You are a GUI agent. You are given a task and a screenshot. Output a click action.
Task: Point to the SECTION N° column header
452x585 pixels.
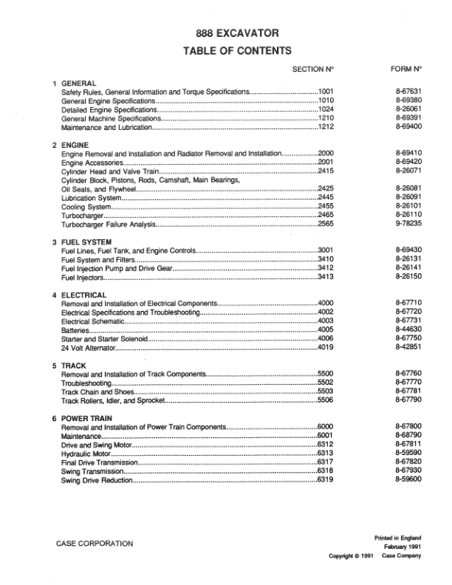pyautogui.click(x=313, y=69)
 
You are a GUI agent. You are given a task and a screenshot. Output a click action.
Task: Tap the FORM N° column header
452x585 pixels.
pyautogui.click(x=405, y=69)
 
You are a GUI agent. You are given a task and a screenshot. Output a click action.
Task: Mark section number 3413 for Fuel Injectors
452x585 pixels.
pyautogui.click(x=326, y=278)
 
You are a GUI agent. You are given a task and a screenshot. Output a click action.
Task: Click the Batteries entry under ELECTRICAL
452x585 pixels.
pyautogui.click(x=75, y=331)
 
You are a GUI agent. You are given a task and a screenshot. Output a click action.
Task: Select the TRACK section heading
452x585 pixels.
pyautogui.click(x=74, y=366)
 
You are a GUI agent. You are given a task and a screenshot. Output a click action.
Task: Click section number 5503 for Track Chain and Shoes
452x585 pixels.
pyautogui.click(x=326, y=392)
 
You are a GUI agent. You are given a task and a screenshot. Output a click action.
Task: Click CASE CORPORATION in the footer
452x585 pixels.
pyautogui.click(x=95, y=544)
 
